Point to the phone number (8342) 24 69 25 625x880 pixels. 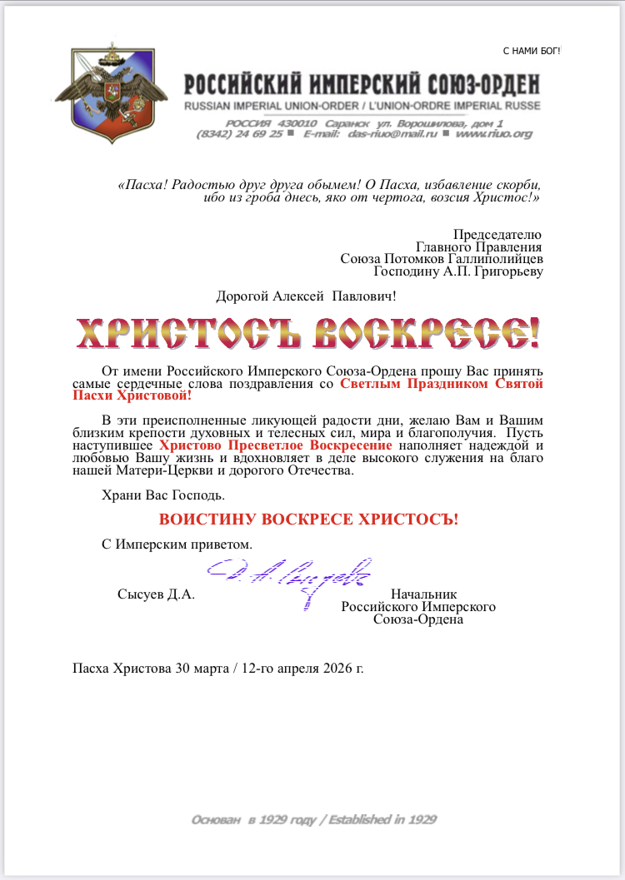pos(239,133)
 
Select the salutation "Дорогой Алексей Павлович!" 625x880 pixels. pos(306,296)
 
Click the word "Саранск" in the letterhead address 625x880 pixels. pos(347,122)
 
